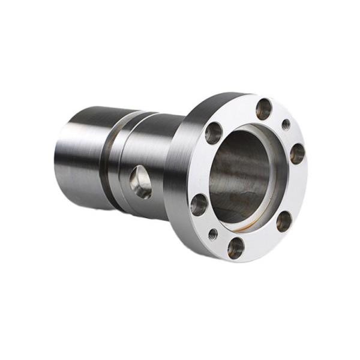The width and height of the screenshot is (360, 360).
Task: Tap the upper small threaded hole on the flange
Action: (286, 125)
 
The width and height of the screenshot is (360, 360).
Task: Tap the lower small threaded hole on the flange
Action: (213, 233)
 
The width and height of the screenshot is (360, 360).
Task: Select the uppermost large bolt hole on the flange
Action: (264, 109)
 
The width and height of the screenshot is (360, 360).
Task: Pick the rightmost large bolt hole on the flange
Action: (297, 154)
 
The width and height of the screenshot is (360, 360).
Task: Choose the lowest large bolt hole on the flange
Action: (236, 247)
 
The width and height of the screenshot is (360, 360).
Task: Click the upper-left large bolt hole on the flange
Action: (214, 133)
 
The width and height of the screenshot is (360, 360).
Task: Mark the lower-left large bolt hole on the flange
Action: (199, 205)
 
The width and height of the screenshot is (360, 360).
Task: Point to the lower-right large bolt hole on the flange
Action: (284, 221)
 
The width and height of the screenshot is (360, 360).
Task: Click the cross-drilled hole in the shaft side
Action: (141, 182)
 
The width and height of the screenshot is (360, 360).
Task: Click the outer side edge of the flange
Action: (180, 174)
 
